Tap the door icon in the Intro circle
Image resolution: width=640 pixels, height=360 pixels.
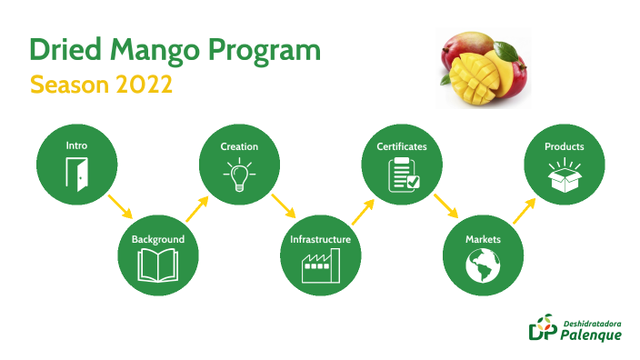click(76, 174)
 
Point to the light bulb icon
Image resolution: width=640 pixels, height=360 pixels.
click(239, 174)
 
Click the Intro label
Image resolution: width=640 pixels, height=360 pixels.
click(76, 145)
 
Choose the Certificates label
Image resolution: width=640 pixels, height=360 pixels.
click(402, 145)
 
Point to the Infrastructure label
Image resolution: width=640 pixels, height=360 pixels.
click(320, 239)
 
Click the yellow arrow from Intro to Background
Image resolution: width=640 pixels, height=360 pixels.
click(117, 205)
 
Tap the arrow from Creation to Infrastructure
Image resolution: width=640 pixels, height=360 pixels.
click(280, 205)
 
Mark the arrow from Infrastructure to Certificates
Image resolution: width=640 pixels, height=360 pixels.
click(361, 211)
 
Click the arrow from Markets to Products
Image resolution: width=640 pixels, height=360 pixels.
click(524, 210)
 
